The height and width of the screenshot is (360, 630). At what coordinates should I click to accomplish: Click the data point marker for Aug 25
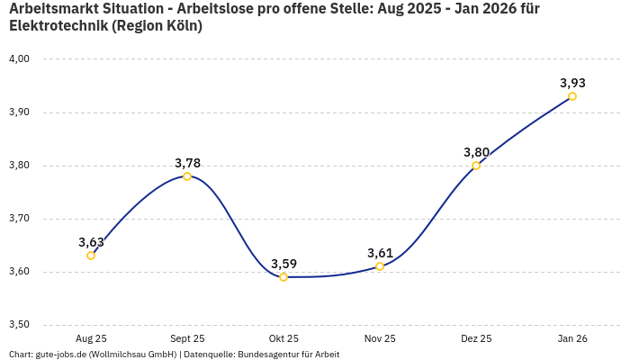[91, 256]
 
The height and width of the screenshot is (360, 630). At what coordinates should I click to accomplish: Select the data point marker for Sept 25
[187, 176]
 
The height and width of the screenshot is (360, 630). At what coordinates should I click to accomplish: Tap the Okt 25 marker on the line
[283, 277]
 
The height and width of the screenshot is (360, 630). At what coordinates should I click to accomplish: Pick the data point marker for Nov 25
[380, 266]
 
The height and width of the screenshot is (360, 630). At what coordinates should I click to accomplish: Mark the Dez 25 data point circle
[476, 166]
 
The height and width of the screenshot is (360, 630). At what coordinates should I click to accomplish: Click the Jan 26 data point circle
[572, 96]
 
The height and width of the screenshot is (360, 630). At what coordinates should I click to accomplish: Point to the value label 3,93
[572, 83]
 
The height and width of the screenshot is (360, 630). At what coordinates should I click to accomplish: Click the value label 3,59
[283, 264]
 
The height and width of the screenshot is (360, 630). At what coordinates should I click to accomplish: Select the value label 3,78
[187, 163]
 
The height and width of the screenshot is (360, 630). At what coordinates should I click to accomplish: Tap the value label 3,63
[91, 242]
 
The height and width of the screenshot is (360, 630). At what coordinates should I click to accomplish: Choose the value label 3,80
[476, 152]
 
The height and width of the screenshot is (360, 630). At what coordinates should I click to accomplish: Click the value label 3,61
[380, 253]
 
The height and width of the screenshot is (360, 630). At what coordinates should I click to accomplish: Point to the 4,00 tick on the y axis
[19, 59]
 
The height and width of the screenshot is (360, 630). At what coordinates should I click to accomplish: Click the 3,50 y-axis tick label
[19, 325]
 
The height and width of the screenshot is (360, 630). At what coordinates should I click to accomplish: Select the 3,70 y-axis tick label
[19, 219]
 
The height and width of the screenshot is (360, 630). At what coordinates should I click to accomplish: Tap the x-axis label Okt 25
[283, 338]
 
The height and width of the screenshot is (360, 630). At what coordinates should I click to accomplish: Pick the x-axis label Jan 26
[572, 338]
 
